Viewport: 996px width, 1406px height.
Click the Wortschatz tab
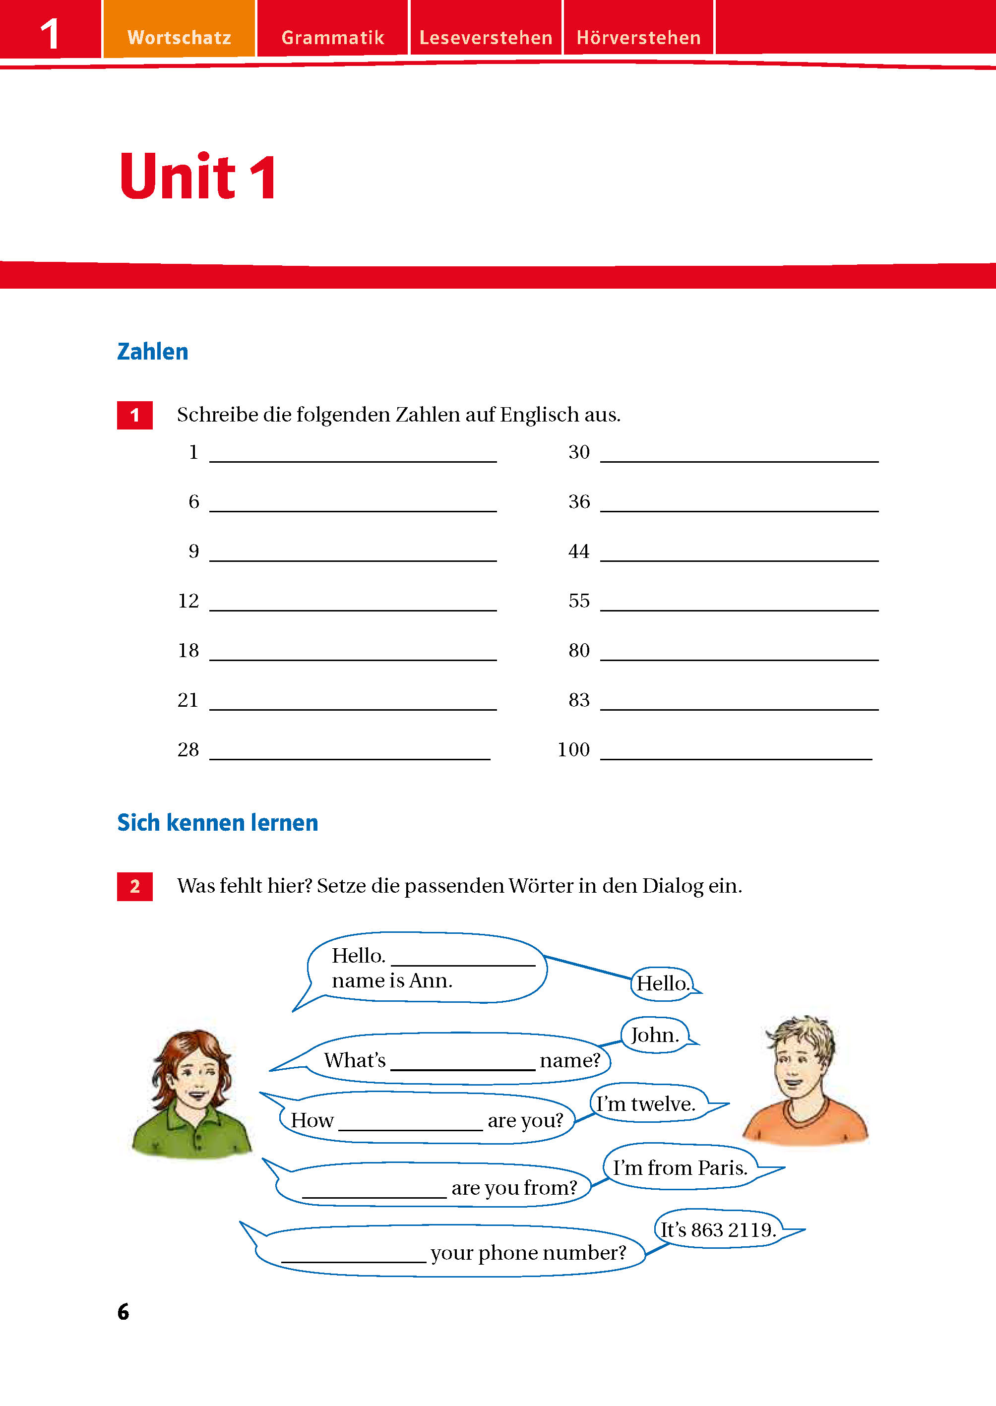coord(179,37)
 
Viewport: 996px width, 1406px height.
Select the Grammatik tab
coord(332,37)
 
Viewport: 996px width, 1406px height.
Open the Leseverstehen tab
coord(486,37)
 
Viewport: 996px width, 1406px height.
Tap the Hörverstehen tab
coord(638,37)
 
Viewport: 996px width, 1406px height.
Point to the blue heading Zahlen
coord(153,351)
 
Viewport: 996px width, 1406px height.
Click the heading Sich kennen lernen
coord(218,822)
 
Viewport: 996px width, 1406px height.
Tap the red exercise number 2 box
coord(135,886)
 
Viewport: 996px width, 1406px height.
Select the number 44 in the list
coord(578,551)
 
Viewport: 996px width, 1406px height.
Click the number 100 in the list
coord(573,749)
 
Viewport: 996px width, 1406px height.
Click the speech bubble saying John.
coord(654,1035)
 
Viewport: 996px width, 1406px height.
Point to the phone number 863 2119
coord(733,1229)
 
